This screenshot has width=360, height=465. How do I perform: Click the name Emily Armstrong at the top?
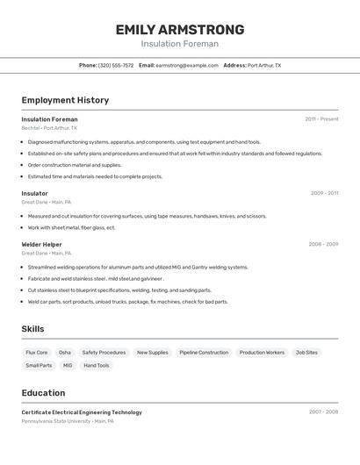point(180,29)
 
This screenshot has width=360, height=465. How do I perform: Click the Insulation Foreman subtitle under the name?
point(180,44)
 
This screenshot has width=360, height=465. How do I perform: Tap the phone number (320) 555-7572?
point(116,65)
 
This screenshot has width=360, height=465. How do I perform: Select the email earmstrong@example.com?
point(187,65)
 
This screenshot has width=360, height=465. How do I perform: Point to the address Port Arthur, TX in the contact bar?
point(264,65)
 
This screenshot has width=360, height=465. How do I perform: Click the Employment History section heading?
point(65,100)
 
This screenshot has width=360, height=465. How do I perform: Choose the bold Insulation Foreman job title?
point(49,119)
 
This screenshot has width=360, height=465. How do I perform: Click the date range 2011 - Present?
point(321,119)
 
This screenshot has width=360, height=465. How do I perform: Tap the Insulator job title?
point(35,193)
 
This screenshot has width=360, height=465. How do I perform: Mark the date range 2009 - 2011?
point(324,193)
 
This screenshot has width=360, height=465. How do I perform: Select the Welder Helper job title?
point(41,244)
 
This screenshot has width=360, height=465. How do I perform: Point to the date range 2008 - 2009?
point(323,244)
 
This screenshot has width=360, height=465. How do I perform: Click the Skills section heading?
point(32,329)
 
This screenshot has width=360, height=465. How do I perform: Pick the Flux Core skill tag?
point(37,353)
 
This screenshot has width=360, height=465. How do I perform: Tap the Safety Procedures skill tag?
point(104,353)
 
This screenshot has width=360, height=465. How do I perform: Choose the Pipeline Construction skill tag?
point(204,353)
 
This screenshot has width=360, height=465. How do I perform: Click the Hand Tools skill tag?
point(97,365)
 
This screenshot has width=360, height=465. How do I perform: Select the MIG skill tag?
point(68,365)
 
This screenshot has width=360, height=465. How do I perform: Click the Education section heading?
point(43,393)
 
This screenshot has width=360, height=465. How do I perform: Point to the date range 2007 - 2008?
point(323,412)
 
